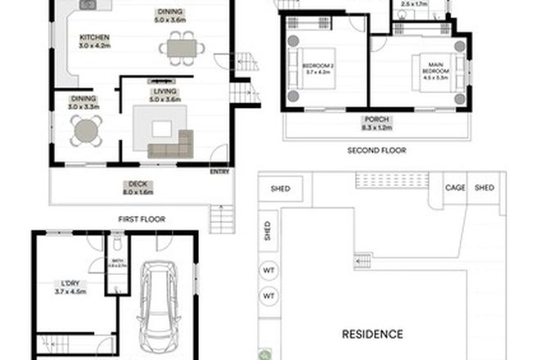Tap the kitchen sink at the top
pos(87,6)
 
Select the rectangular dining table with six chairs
pos(182,48)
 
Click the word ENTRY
pos(220,172)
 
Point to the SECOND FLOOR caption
pos(376,151)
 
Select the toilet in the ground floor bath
pos(118,243)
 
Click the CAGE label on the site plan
pos(455,188)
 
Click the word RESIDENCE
pos(372,334)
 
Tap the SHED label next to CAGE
pos(485,188)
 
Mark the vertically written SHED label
pos(268,232)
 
